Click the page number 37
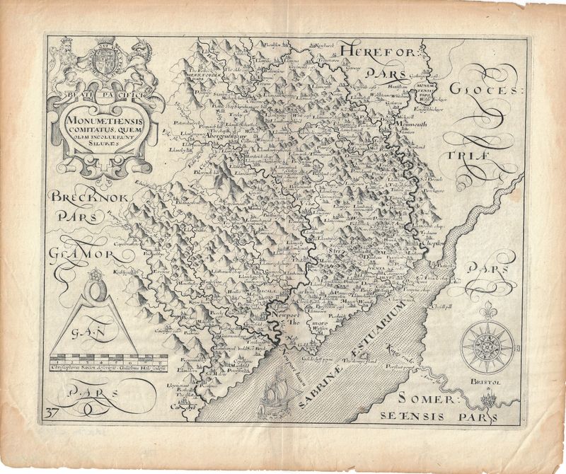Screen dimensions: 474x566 point(52,412)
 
